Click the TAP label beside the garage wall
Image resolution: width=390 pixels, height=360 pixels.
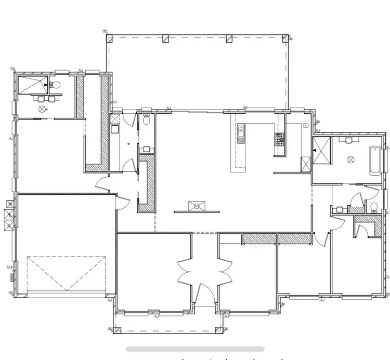9,268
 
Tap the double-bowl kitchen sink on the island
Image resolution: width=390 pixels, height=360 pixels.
241,134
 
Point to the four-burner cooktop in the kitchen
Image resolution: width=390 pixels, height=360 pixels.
279,139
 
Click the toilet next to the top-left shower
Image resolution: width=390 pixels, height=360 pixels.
56,85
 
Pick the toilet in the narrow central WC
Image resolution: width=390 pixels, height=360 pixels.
147,120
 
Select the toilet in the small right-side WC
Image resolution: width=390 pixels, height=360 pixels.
373,207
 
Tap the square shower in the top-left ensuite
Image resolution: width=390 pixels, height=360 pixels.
33,85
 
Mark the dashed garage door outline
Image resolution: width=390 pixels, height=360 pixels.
67,272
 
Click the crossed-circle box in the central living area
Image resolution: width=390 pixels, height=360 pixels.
197,206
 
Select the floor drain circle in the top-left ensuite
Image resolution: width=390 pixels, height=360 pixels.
42,109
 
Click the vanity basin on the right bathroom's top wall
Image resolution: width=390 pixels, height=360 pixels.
348,139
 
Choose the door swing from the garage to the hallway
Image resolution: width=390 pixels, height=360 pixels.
121,204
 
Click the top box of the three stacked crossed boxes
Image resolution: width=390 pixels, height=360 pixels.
9,204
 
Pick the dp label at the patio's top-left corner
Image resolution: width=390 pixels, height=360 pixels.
105,32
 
